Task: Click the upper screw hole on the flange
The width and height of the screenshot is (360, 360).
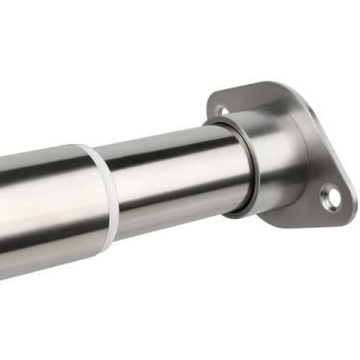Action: point(224,109)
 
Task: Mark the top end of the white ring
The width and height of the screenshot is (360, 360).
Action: point(88,149)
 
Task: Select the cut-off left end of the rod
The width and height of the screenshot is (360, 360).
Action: point(3,216)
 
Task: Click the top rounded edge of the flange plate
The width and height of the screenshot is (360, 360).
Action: point(250,85)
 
